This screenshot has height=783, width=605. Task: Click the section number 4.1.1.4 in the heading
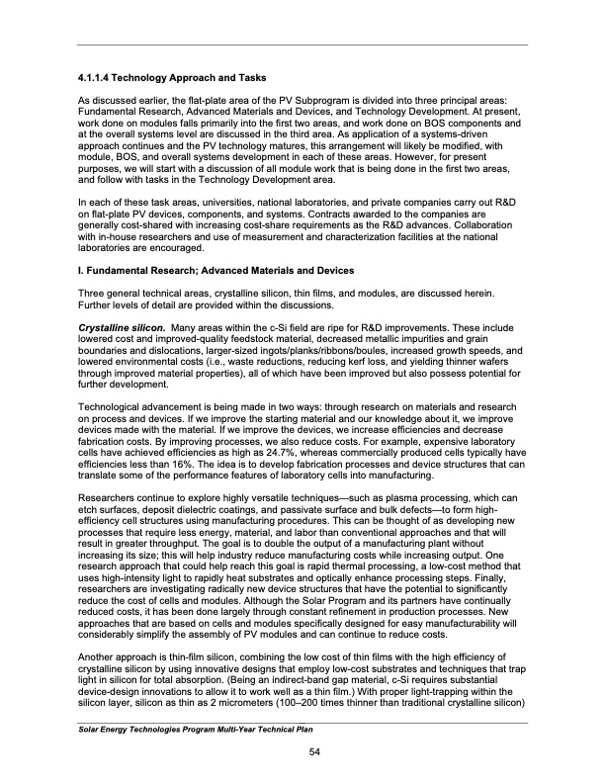pos(98,77)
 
